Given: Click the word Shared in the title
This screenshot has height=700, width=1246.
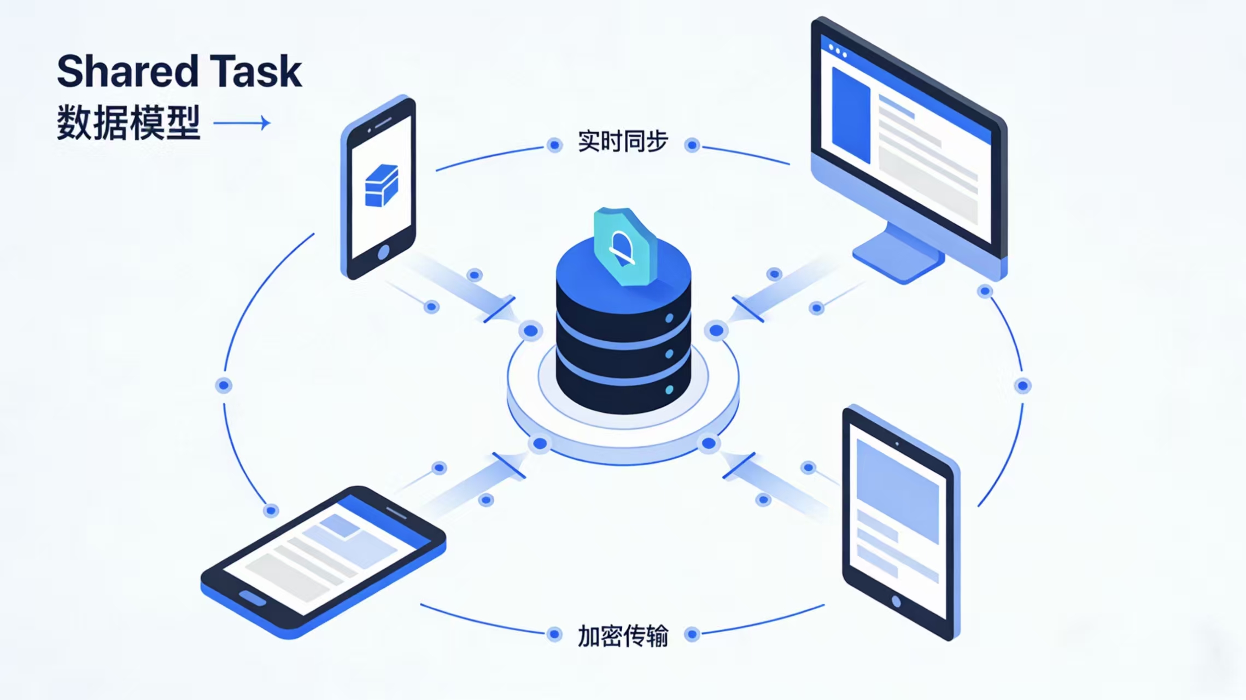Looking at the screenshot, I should pyautogui.click(x=127, y=72).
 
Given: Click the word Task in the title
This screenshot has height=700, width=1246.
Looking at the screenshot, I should pyautogui.click(x=256, y=72).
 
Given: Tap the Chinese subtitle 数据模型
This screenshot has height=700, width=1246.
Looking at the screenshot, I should pyautogui.click(x=128, y=123).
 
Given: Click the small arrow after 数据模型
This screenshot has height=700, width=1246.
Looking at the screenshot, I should pyautogui.click(x=242, y=123).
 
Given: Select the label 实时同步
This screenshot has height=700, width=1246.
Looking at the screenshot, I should pyautogui.click(x=623, y=142).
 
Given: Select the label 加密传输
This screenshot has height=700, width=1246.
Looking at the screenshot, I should pyautogui.click(x=623, y=636).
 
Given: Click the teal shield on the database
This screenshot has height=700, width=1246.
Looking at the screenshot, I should pyautogui.click(x=624, y=246).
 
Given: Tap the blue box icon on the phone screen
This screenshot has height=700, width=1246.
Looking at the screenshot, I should pyautogui.click(x=381, y=186).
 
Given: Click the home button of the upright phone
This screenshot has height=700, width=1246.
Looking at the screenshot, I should pyautogui.click(x=384, y=252).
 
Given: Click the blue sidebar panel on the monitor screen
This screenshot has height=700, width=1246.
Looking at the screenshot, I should pyautogui.click(x=851, y=115).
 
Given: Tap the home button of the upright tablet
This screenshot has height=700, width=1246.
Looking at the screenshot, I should pyautogui.click(x=896, y=602).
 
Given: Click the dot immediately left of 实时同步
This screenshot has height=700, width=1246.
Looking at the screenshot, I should pyautogui.click(x=555, y=145).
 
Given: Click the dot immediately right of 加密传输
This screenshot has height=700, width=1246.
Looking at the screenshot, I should pyautogui.click(x=692, y=634).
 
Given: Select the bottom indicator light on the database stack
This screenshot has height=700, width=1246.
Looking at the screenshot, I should pyautogui.click(x=669, y=390).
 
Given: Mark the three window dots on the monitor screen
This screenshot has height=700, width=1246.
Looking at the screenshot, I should pyautogui.click(x=838, y=51).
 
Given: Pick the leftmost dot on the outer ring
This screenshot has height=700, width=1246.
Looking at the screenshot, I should pyautogui.click(x=224, y=386).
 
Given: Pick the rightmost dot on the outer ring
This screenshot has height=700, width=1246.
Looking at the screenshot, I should pyautogui.click(x=1023, y=386).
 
